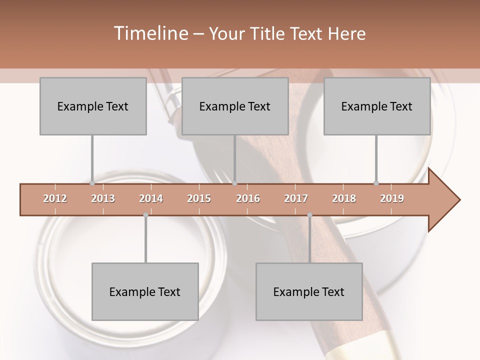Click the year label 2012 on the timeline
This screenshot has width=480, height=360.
point(55,198)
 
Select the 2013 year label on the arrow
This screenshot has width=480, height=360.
point(103,198)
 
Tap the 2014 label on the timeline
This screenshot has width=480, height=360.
point(151,198)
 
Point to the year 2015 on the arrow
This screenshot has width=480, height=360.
point(199,198)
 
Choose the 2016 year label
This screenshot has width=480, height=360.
point(248,198)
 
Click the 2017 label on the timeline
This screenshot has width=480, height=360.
point(296,198)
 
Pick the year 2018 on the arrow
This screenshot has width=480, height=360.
point(344,198)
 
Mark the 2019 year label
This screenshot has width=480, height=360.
point(392,198)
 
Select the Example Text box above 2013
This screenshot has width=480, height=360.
point(93,106)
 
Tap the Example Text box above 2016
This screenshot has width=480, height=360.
point(235,106)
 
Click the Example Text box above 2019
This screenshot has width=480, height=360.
point(377,106)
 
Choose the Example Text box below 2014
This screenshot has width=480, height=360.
point(145,291)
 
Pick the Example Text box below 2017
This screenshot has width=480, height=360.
point(309,291)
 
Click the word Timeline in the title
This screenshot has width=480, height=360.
point(150,33)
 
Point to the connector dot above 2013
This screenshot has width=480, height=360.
point(92,183)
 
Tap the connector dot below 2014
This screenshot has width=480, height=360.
point(145,215)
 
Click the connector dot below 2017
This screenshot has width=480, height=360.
point(309,215)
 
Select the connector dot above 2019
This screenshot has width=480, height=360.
point(376,183)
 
